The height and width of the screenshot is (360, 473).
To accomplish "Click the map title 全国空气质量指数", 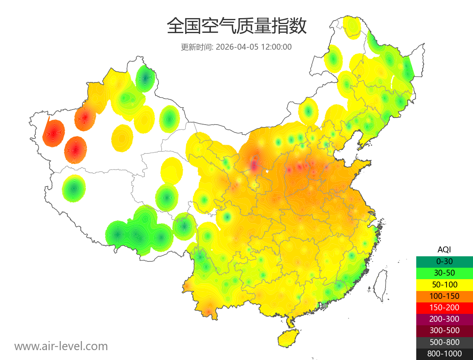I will (x=236, y=26).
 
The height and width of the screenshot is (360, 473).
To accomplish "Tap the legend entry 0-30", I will (x=444, y=261).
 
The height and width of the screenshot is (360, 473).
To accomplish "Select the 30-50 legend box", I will (x=444, y=273).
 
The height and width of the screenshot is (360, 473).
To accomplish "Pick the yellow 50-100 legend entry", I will (x=444, y=284).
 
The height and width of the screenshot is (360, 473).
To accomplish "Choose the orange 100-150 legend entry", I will (x=444, y=296).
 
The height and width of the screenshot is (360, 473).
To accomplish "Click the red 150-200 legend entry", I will (x=444, y=307).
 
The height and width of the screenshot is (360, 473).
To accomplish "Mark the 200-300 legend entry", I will (x=444, y=319).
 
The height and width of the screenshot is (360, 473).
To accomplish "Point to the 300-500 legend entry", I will (x=444, y=330).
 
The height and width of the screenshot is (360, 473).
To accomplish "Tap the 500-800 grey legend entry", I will (x=444, y=342).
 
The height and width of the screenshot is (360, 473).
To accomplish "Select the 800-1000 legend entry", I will (x=444, y=354).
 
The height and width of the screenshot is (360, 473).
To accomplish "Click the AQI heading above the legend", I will (x=444, y=250).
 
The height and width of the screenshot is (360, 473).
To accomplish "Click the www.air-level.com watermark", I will (x=61, y=346).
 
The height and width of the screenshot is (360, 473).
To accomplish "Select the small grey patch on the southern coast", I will (x=325, y=306).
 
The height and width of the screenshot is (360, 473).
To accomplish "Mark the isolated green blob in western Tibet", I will (x=74, y=188).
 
